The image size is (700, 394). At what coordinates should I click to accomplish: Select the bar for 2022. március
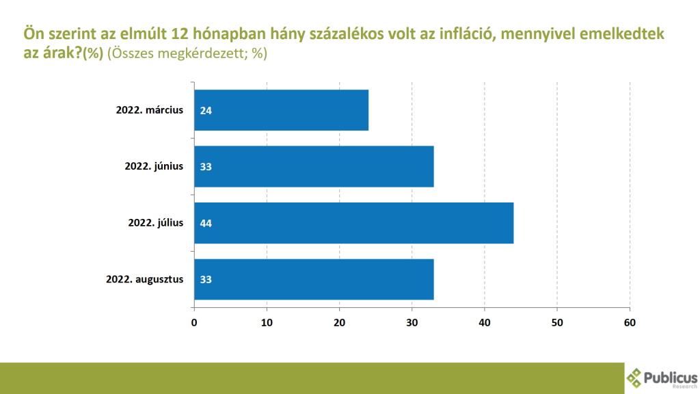pyautogui.click(x=281, y=110)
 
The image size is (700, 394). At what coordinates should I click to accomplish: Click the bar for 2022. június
pyautogui.click(x=314, y=166)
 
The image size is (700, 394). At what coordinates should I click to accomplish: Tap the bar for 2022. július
pyautogui.click(x=353, y=223)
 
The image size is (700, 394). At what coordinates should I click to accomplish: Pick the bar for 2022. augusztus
pyautogui.click(x=314, y=279)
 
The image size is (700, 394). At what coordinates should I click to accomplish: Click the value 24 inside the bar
pyautogui.click(x=205, y=110)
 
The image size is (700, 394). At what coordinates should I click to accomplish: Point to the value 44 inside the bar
pyautogui.click(x=205, y=223)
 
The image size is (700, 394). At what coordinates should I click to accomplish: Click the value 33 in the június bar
pyautogui.click(x=205, y=166)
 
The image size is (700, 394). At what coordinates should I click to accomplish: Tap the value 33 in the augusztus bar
pyautogui.click(x=205, y=279)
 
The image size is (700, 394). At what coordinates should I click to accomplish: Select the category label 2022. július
pyautogui.click(x=155, y=222)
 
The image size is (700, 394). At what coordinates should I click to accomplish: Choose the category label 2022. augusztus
pyautogui.click(x=145, y=279)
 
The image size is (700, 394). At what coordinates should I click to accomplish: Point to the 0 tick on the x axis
pyautogui.click(x=194, y=321)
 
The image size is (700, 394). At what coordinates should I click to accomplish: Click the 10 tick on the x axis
pyautogui.click(x=267, y=321)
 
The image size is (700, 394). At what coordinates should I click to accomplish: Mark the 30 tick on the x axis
pyautogui.click(x=412, y=321)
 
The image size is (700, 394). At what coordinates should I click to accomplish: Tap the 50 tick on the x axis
pyautogui.click(x=557, y=321)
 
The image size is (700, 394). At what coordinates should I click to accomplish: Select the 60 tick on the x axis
pyautogui.click(x=630, y=321)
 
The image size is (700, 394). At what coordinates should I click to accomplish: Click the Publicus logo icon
pyautogui.click(x=635, y=378)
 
